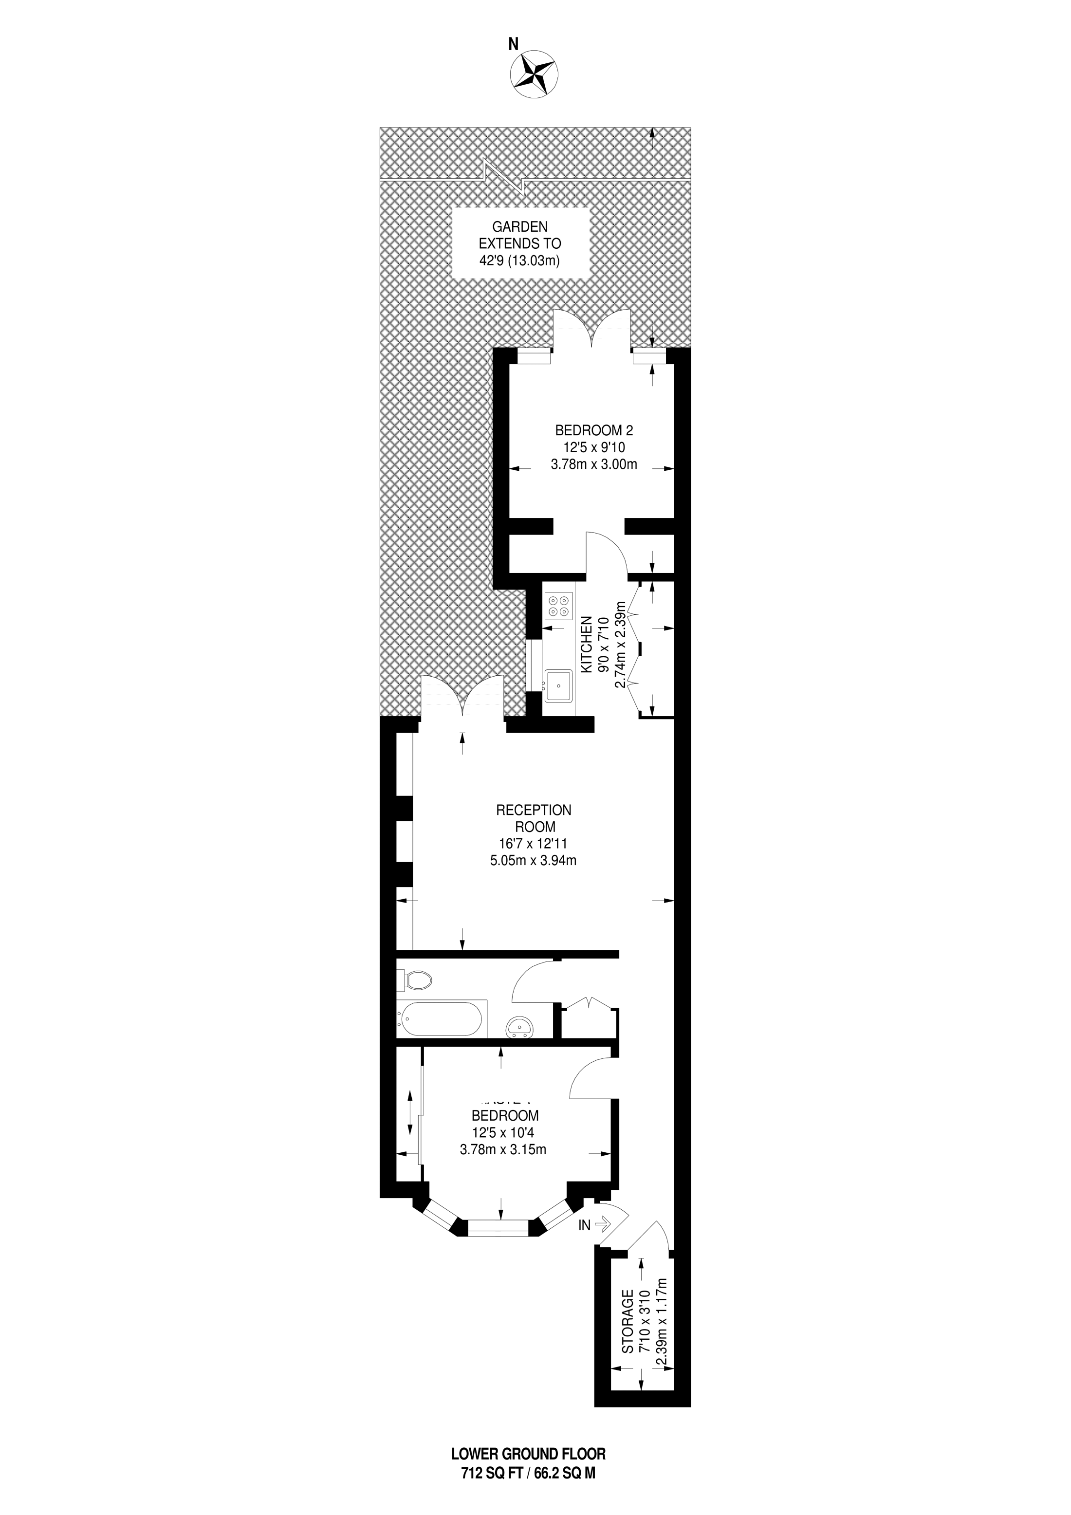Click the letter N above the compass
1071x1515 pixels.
(x=513, y=44)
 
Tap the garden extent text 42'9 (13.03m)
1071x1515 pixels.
(x=519, y=260)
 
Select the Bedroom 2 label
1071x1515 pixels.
(x=594, y=430)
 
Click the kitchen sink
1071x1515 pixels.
(x=558, y=685)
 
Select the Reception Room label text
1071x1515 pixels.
(x=534, y=817)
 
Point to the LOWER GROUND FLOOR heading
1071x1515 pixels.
(x=528, y=1456)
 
